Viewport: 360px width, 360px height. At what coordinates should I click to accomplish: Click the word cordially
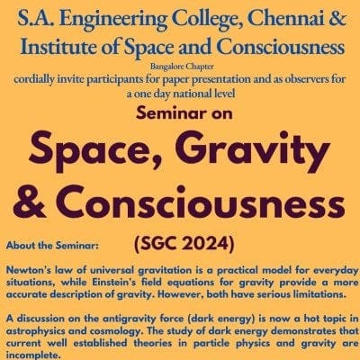(x=31, y=80)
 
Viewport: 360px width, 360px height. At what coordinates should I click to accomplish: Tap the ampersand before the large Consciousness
(x=30, y=202)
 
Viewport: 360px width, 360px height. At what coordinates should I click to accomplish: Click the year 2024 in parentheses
(x=207, y=245)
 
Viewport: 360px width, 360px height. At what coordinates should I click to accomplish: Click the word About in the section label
(x=20, y=246)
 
